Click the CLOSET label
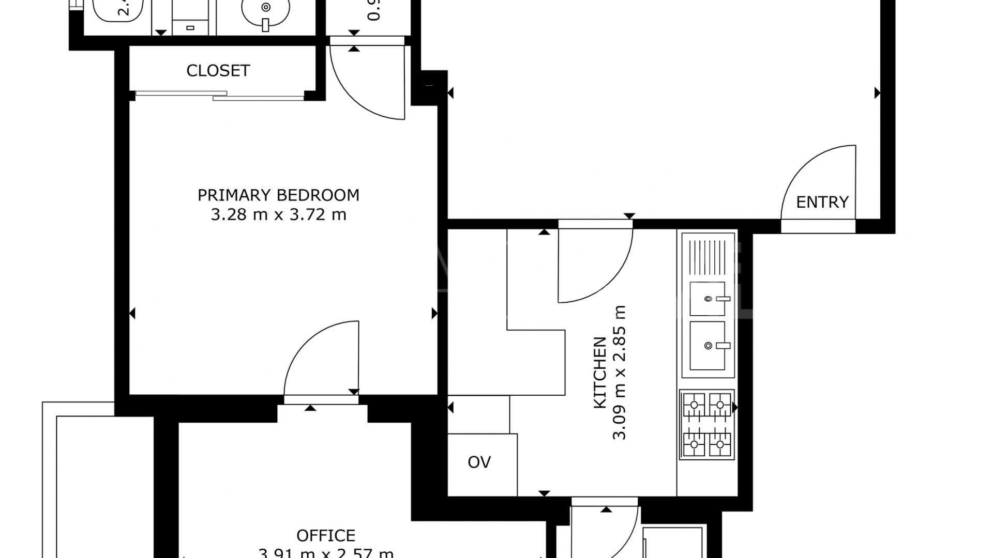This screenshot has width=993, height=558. coord(218,71)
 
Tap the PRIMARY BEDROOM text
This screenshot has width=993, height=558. coord(278,195)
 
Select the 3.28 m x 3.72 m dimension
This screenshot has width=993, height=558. coord(278,214)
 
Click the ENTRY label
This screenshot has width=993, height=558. coord(822,202)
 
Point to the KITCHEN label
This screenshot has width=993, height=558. coord(599,372)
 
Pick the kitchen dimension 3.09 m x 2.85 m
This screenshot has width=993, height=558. coord(619,372)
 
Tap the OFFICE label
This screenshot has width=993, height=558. coord(325,535)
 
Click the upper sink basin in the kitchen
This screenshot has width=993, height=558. coord(708,299)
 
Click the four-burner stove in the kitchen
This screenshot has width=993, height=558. coord(706,424)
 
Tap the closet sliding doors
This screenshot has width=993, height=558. coord(220,95)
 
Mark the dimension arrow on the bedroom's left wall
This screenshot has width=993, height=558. coord(132,313)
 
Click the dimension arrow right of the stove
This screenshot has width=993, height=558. coord(735,408)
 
